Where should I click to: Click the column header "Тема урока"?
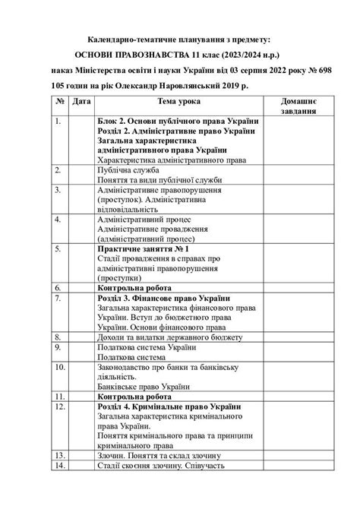tap(179, 101)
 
